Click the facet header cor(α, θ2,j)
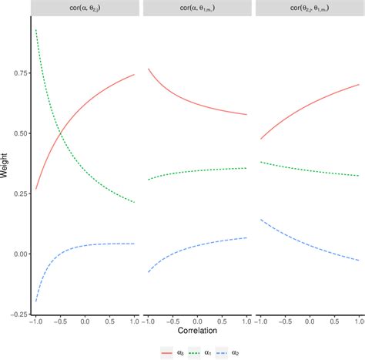(85, 9)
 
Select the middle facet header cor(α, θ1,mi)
(197, 9)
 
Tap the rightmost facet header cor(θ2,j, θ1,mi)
(308, 9)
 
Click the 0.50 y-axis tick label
(17, 133)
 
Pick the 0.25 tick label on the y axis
(17, 193)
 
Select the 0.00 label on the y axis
(17, 254)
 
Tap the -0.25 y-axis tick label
(15, 314)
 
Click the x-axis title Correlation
(197, 330)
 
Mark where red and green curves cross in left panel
(60, 138)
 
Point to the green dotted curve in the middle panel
(197, 170)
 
